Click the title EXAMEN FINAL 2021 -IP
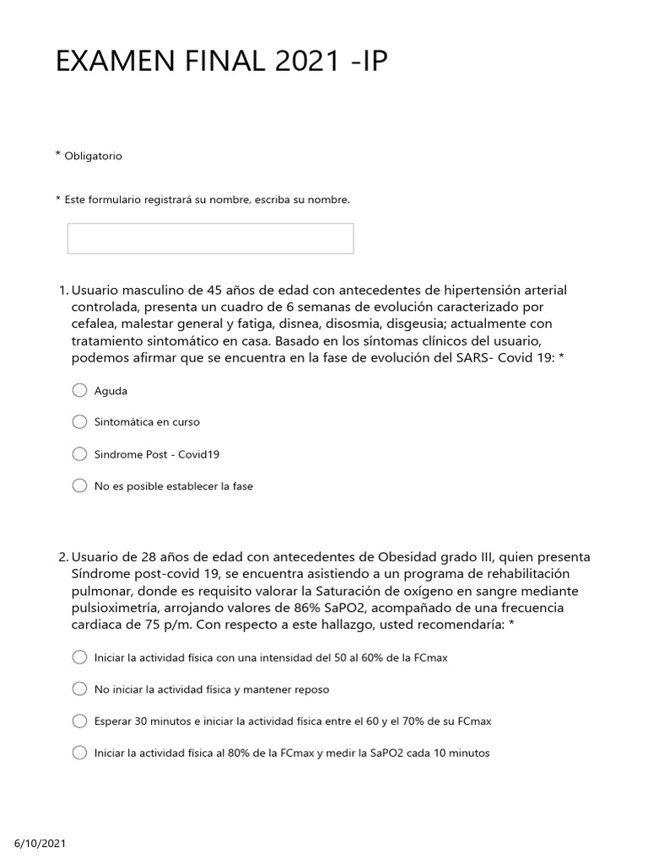pyautogui.click(x=222, y=63)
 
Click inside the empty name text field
pyautogui.click(x=210, y=239)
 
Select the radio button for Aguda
pyautogui.click(x=79, y=390)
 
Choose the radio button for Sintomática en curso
pyautogui.click(x=79, y=421)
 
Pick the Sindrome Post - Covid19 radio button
pyautogui.click(x=79, y=453)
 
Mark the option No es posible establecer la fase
pyautogui.click(x=79, y=485)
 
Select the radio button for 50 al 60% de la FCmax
pyautogui.click(x=79, y=657)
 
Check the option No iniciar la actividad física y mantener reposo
pyautogui.click(x=79, y=689)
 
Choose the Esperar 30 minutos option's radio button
pyautogui.click(x=79, y=721)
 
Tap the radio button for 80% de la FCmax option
pyautogui.click(x=79, y=753)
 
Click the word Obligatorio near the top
pyautogui.click(x=93, y=156)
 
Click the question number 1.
pyautogui.click(x=62, y=291)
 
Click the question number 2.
pyautogui.click(x=62, y=558)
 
